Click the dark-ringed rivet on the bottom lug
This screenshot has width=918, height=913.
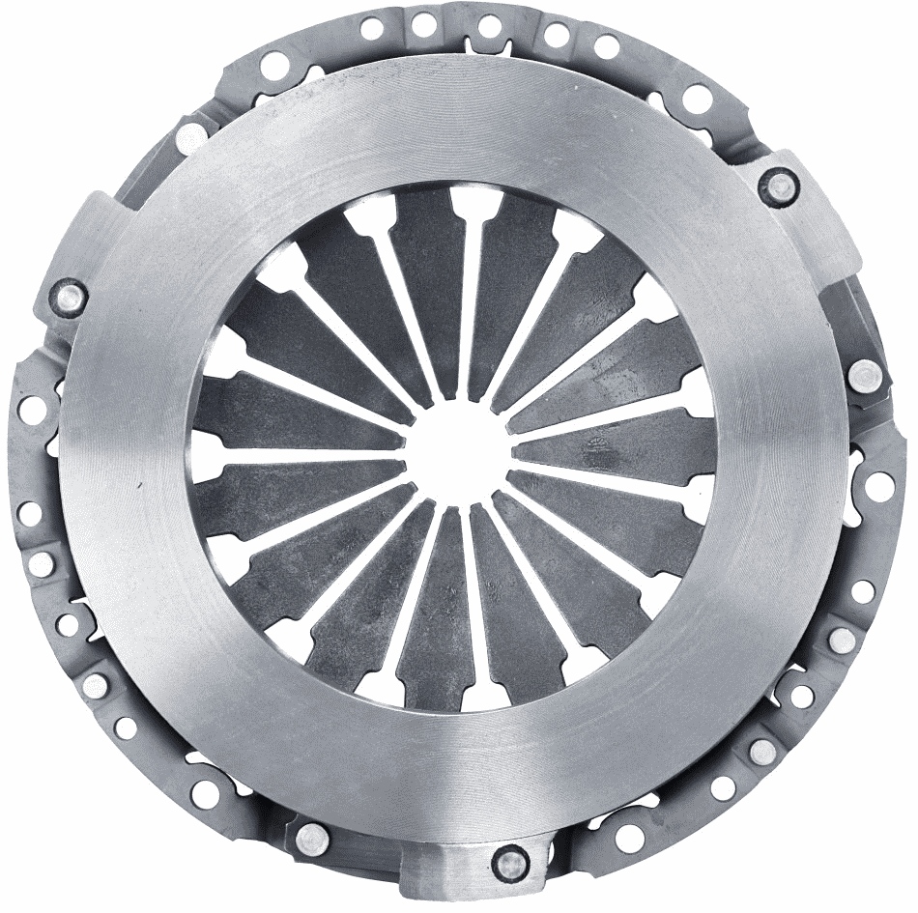(509, 857)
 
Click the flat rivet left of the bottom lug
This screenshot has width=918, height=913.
(311, 837)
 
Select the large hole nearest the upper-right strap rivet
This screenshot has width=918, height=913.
(696, 98)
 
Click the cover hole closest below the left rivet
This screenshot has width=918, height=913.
(32, 406)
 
